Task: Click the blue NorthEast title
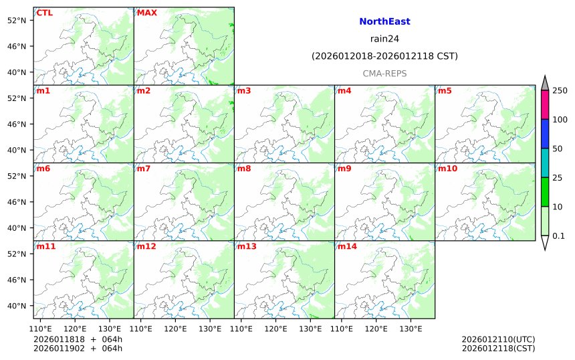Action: coord(384,21)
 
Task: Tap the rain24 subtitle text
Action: coord(384,38)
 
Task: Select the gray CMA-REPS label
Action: coord(384,73)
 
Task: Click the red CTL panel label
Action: coord(44,13)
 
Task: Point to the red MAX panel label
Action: coord(146,13)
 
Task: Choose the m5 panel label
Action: coord(445,90)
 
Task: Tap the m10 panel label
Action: coord(447,168)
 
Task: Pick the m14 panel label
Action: coord(346,246)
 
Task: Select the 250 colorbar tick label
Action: coord(560,90)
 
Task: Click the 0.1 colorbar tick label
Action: coord(558,236)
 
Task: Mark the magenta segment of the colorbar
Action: coord(545,104)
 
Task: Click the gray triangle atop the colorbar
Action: coord(545,83)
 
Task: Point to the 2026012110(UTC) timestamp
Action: coord(498,339)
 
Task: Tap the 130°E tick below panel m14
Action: coord(411,329)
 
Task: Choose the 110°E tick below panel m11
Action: coord(41,329)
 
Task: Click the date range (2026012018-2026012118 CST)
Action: coord(384,56)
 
